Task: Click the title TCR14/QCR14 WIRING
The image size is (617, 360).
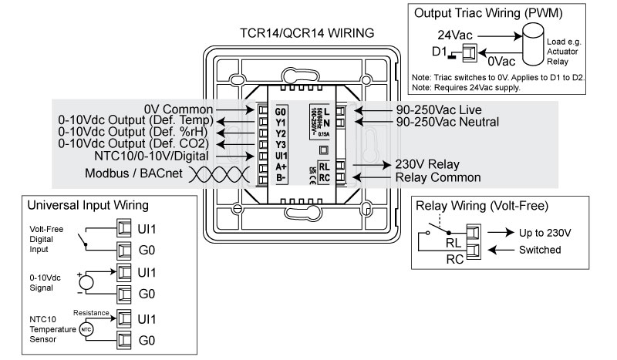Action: (308, 33)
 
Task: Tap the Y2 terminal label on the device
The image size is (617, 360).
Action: (281, 133)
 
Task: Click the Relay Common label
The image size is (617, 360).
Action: (438, 177)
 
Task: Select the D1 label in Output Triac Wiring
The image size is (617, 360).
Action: (439, 53)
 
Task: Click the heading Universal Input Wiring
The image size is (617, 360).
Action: (87, 207)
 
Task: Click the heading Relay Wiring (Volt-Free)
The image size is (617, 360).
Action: (481, 206)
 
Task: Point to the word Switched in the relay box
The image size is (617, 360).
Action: (540, 251)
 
